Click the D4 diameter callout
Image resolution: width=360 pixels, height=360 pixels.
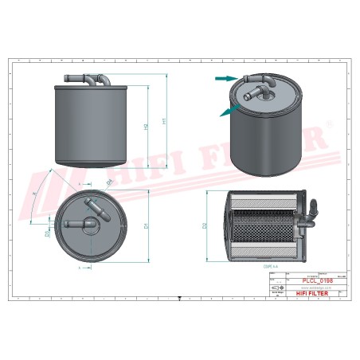[109, 184]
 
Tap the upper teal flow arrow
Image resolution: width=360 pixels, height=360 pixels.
[226, 78]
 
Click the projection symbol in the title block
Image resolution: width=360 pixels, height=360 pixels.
[278, 288]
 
